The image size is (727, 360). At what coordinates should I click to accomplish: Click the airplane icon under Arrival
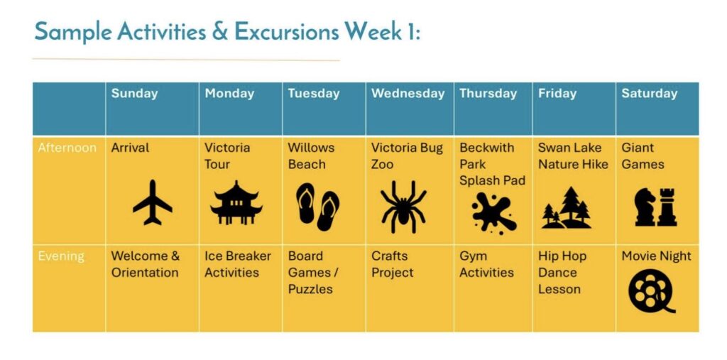click(x=153, y=203)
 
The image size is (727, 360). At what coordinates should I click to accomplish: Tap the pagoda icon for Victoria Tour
click(x=236, y=203)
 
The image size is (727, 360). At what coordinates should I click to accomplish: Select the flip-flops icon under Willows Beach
click(x=318, y=207)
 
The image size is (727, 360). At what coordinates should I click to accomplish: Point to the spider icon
click(x=403, y=207)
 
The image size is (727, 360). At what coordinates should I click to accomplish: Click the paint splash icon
click(x=493, y=213)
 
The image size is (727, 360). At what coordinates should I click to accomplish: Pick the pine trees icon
click(x=567, y=207)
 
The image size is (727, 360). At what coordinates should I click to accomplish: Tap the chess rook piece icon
click(x=667, y=207)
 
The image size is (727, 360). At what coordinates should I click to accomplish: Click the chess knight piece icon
click(x=645, y=207)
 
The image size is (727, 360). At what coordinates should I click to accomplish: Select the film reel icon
click(x=652, y=292)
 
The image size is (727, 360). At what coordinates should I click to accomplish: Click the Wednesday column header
click(x=408, y=93)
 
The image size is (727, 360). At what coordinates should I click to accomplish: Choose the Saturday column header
click(x=649, y=93)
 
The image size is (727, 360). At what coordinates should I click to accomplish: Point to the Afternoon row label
click(x=67, y=148)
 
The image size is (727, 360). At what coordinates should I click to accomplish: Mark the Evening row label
click(x=61, y=256)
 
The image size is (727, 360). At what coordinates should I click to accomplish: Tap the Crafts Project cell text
click(x=392, y=264)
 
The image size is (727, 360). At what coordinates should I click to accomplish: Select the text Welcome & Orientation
click(x=145, y=264)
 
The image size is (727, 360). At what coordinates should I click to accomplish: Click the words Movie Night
click(x=656, y=256)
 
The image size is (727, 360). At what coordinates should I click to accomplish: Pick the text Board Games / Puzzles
click(x=313, y=273)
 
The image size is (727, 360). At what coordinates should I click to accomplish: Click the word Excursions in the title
click(x=286, y=31)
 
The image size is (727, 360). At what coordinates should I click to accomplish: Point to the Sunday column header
click(x=134, y=93)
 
